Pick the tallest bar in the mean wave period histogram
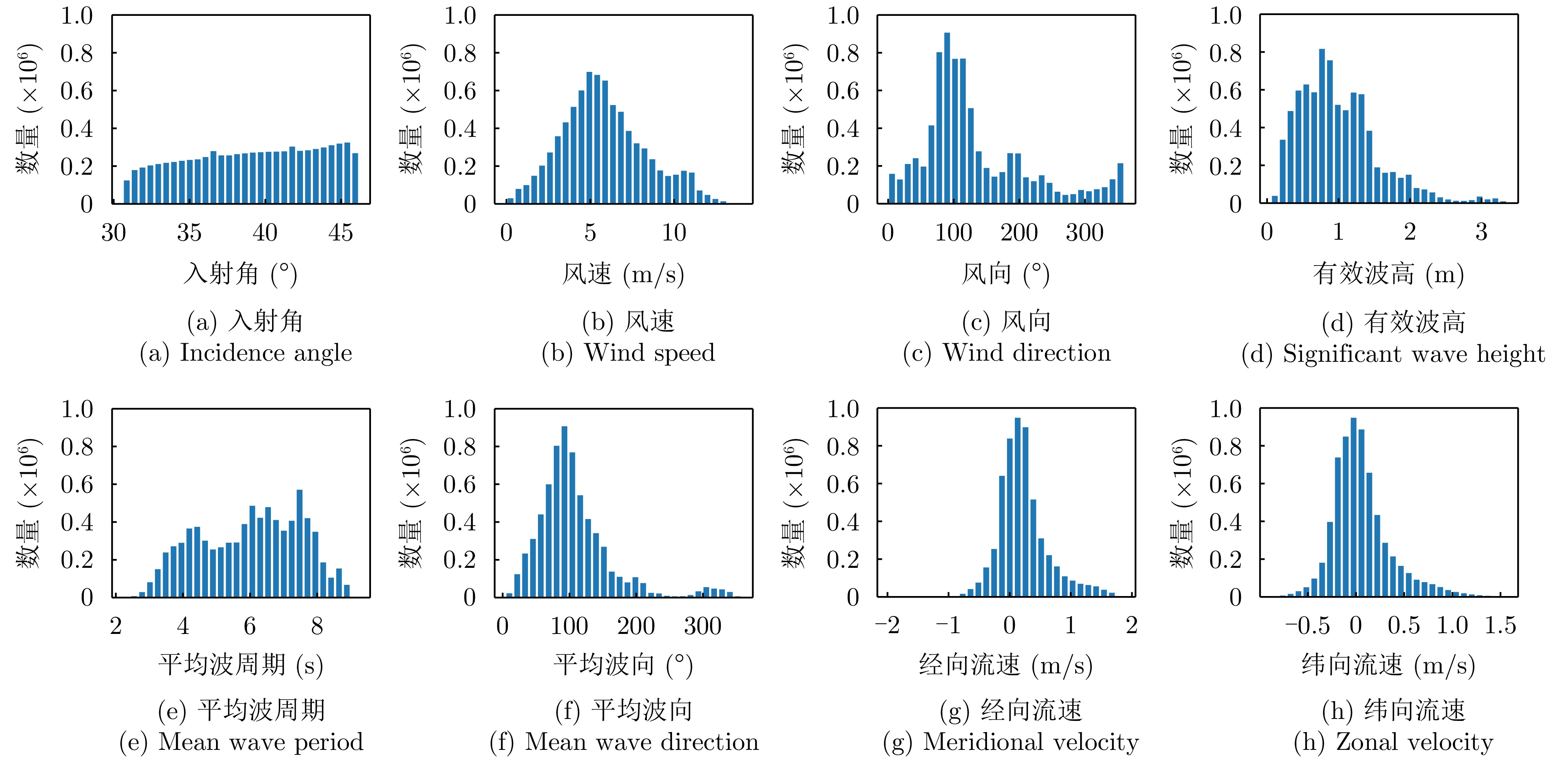[x=300, y=543]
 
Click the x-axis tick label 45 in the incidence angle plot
[x=340, y=233]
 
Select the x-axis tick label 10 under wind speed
[x=674, y=233]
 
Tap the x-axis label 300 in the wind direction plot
[x=1084, y=233]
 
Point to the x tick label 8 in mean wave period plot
[x=317, y=626]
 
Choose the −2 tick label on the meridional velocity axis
[x=887, y=625]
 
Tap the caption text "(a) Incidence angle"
[x=246, y=353]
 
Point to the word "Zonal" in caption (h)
[x=1361, y=742]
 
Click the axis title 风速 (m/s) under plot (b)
[x=623, y=275]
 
